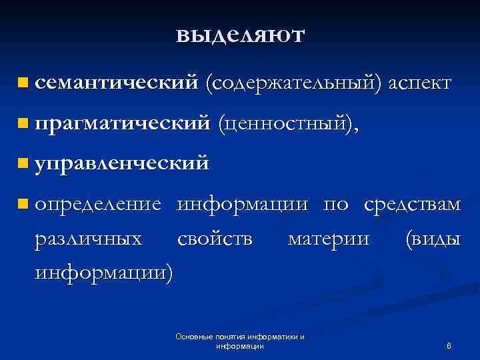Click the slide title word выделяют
pyautogui.click(x=240, y=35)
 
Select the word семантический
pyautogui.click(x=117, y=83)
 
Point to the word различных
pyautogui.click(x=88, y=238)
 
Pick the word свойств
pyautogui.click(x=215, y=238)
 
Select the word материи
pyautogui.click(x=328, y=238)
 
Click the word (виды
pyautogui.click(x=432, y=238)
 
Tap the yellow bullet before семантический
pyautogui.click(x=24, y=83)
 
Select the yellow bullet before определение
pyautogui.click(x=24, y=204)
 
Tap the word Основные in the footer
pyautogui.click(x=192, y=337)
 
